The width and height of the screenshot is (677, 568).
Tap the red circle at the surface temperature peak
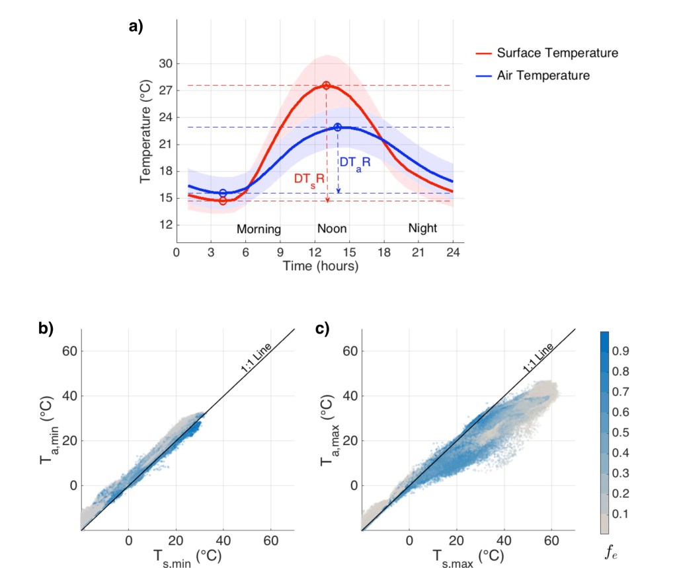click(326, 85)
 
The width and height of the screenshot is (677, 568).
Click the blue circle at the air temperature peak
click(337, 127)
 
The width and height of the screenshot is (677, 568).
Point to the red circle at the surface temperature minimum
click(223, 201)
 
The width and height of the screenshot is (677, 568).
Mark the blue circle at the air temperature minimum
click(223, 193)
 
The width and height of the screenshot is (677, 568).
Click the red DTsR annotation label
click(309, 179)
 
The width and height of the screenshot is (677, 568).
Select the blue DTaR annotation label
click(356, 162)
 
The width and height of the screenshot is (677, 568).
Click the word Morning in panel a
click(259, 229)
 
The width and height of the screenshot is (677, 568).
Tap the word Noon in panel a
click(332, 228)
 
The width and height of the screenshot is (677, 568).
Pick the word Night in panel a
click(422, 228)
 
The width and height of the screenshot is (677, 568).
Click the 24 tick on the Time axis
click(453, 252)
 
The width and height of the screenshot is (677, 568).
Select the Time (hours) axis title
click(321, 266)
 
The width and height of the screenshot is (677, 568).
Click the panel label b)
click(46, 328)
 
